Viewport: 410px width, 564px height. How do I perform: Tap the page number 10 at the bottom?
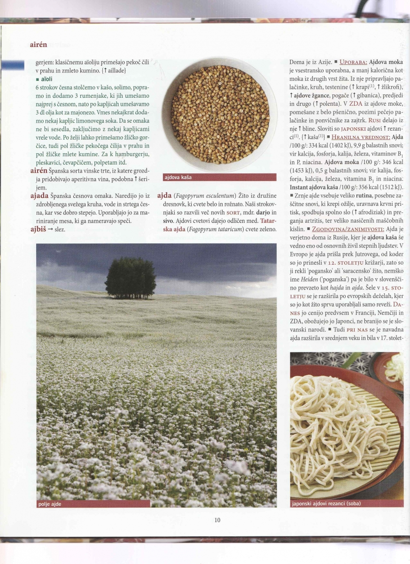[217, 520]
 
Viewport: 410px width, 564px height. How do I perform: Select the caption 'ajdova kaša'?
[178, 177]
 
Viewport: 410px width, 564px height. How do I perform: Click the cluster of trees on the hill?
[130, 278]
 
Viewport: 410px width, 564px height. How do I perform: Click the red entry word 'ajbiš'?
[38, 229]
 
